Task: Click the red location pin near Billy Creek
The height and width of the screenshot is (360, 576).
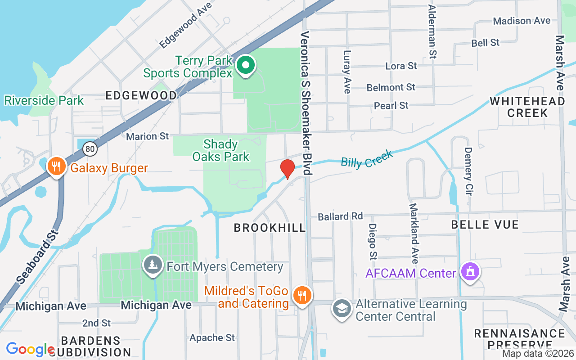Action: pyautogui.click(x=288, y=168)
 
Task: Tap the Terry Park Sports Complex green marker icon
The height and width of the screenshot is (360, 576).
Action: pyautogui.click(x=245, y=66)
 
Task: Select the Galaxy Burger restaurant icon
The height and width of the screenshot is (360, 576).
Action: pyautogui.click(x=56, y=167)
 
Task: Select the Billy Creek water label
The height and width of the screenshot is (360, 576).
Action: pyautogui.click(x=367, y=159)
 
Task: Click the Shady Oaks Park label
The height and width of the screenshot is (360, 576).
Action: pyautogui.click(x=220, y=150)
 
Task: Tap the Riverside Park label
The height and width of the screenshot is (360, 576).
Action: pyautogui.click(x=44, y=100)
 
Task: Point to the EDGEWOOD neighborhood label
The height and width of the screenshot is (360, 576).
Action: pyautogui.click(x=141, y=95)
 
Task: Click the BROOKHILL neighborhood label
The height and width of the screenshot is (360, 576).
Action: pyautogui.click(x=270, y=228)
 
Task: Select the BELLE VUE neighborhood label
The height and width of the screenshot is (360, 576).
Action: pyautogui.click(x=485, y=224)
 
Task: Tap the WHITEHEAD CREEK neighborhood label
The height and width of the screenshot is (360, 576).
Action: pyautogui.click(x=527, y=107)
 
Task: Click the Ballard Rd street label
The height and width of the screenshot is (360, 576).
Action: pyautogui.click(x=340, y=216)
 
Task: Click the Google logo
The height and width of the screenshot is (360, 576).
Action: pyautogui.click(x=30, y=349)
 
